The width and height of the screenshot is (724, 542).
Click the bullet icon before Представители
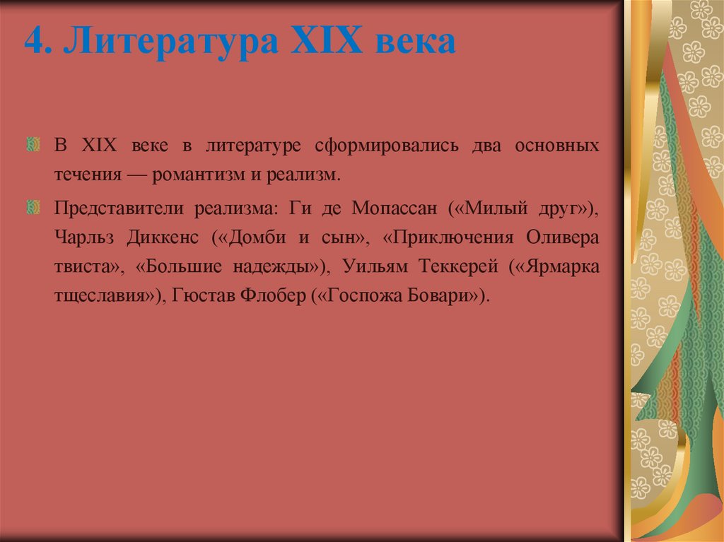pyautogui.click(x=32, y=208)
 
